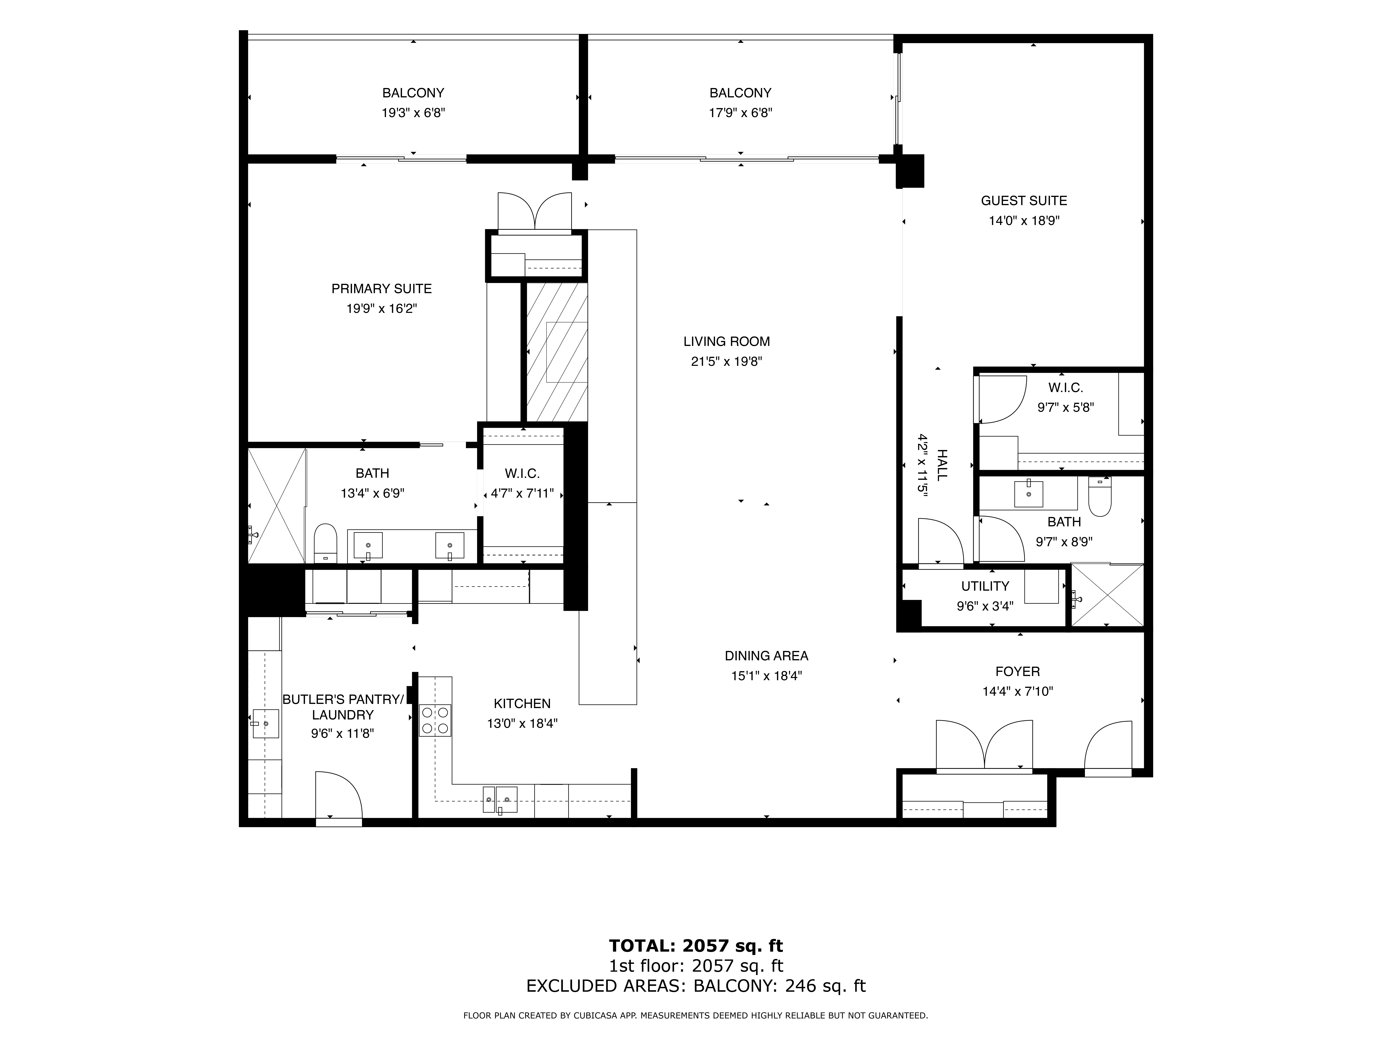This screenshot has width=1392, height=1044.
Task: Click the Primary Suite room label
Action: (x=381, y=289)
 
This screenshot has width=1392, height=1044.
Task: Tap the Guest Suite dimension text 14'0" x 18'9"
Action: (x=1024, y=221)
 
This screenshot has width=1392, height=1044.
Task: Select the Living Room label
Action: (x=727, y=342)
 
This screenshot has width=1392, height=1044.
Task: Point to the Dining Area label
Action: (x=766, y=656)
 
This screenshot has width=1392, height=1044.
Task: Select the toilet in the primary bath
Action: (x=325, y=544)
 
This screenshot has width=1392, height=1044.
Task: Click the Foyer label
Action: (x=1018, y=672)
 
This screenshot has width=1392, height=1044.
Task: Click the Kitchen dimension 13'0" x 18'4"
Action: (x=522, y=724)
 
